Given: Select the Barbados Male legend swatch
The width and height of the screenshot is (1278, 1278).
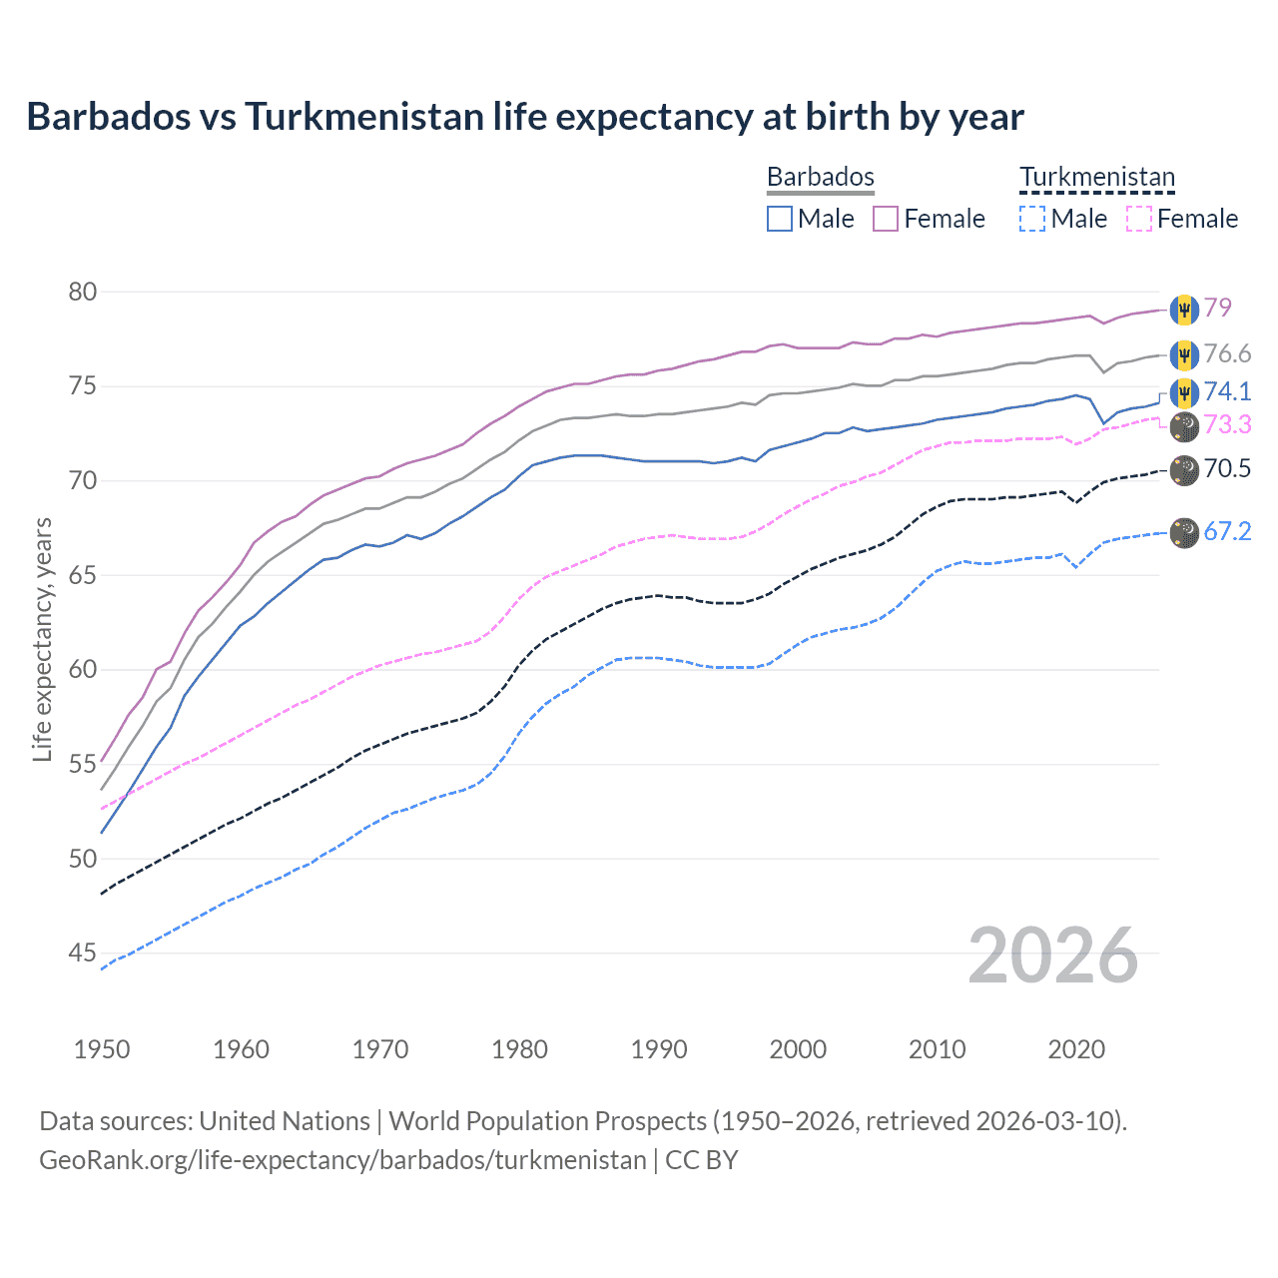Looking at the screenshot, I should [x=780, y=219].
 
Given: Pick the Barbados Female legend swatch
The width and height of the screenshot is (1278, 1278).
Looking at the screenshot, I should [x=886, y=219].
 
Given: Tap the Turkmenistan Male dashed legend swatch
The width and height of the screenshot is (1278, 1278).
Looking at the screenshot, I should [x=1032, y=219].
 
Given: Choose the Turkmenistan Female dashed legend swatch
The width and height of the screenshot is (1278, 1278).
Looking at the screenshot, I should [x=1139, y=219].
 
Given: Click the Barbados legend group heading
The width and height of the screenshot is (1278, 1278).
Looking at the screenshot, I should [x=821, y=177].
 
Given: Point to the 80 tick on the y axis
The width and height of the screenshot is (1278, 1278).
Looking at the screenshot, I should [x=83, y=292].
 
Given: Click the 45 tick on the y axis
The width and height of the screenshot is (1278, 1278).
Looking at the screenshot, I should [x=83, y=954].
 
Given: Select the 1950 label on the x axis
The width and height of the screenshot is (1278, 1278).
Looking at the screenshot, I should [x=102, y=1049].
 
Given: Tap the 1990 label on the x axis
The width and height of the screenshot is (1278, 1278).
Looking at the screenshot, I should [x=659, y=1049].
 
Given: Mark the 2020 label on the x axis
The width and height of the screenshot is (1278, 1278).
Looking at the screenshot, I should [x=1076, y=1049].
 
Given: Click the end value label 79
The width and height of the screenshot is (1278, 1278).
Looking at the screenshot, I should [x=1217, y=308].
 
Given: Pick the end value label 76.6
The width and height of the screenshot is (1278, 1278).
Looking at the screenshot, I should [x=1227, y=354].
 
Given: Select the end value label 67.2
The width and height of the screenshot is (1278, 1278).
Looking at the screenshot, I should [x=1227, y=532].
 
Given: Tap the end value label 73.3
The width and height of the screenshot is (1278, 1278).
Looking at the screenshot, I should [x=1227, y=425].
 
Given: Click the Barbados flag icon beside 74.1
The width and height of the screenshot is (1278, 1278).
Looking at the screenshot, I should [x=1184, y=391].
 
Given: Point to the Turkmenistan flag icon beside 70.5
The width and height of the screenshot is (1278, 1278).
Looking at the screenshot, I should [x=1184, y=469].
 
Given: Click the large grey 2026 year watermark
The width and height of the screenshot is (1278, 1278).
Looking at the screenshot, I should [x=1052, y=956].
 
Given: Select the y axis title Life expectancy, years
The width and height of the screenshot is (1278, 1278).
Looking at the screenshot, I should [x=42, y=639].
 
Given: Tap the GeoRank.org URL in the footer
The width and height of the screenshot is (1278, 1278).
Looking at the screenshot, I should [x=342, y=1160].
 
